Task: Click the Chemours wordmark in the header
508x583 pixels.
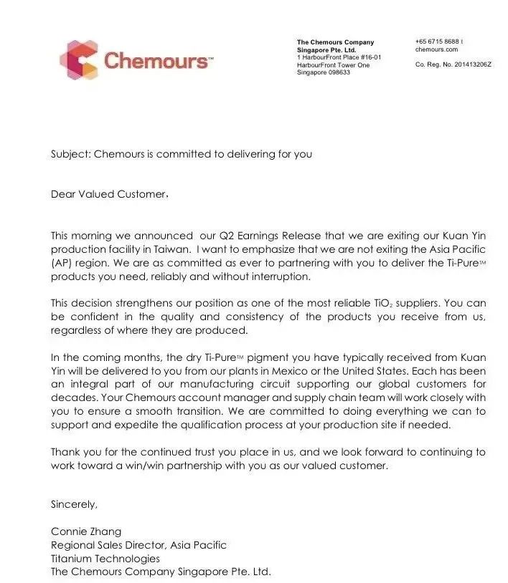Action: [158, 61]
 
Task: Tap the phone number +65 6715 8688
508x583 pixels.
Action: [437, 42]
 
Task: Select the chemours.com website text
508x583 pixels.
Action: [436, 49]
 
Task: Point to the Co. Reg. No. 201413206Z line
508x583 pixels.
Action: [453, 64]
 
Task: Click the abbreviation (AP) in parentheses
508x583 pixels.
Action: [62, 263]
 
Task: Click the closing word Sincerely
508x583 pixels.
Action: [73, 504]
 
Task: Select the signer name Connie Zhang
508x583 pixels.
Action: [86, 531]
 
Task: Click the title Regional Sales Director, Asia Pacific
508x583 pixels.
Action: [138, 545]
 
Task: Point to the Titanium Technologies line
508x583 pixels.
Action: [105, 559]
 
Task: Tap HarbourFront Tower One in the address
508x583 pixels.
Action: [333, 65]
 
